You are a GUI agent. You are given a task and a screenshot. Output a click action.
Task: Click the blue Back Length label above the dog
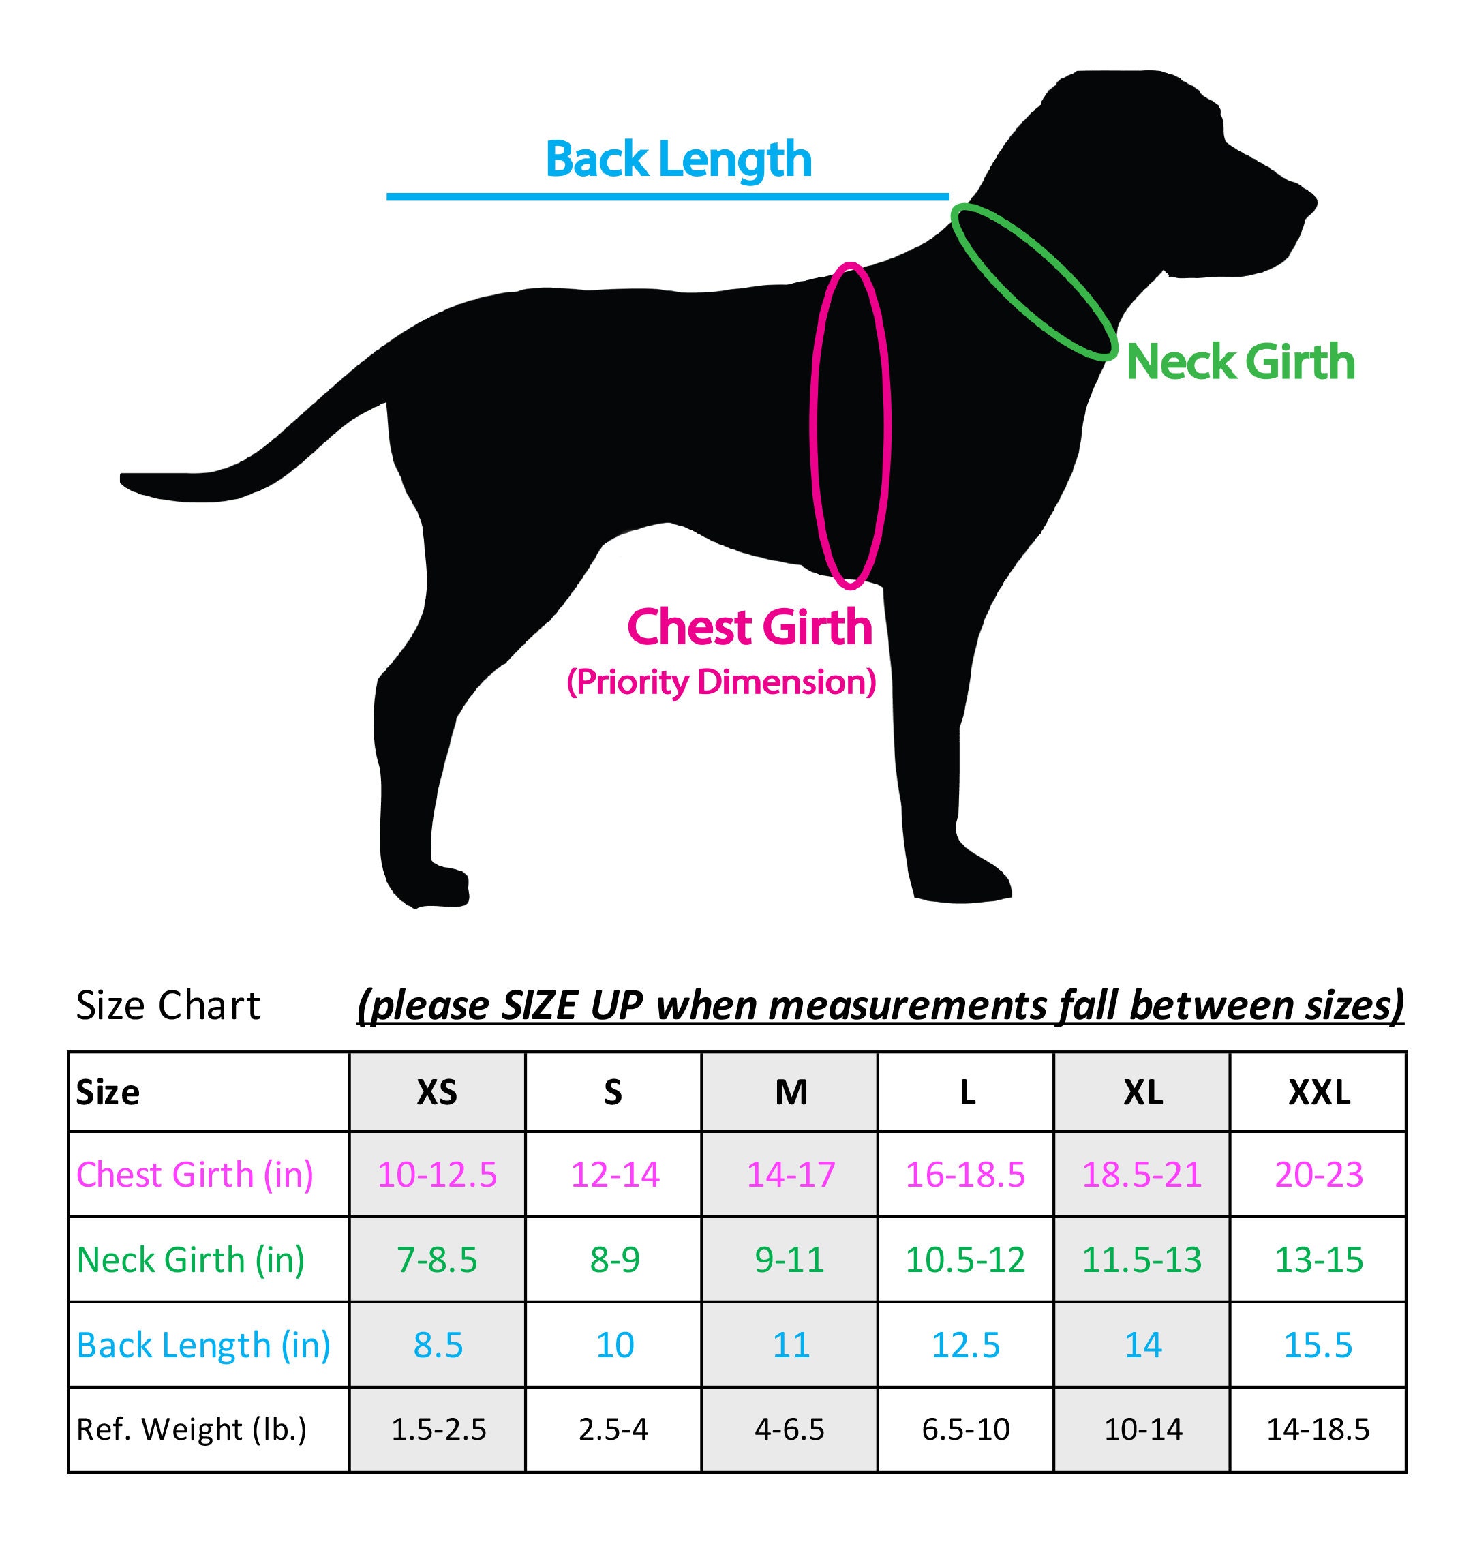[678, 160]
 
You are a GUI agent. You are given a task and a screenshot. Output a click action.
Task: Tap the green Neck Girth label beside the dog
[1241, 363]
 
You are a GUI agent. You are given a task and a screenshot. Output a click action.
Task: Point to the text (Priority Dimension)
[721, 682]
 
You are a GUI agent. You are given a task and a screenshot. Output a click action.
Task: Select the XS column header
[437, 1092]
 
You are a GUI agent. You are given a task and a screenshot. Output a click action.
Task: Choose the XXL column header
[1318, 1092]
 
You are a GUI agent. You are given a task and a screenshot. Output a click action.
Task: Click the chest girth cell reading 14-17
[790, 1175]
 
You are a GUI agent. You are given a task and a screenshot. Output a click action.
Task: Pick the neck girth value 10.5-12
[966, 1260]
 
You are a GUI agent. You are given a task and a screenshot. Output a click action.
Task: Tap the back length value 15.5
[1318, 1345]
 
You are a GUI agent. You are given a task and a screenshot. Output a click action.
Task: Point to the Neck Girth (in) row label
[190, 1260]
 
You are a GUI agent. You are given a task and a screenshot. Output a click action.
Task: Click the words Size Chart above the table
[168, 1005]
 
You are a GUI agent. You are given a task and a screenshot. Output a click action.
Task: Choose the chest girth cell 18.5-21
[1142, 1175]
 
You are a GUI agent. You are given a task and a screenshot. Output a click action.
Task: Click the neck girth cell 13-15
[1318, 1260]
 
